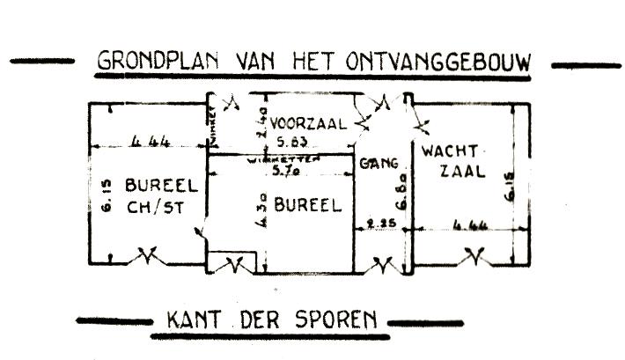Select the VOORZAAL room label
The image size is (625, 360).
click(x=308, y=122)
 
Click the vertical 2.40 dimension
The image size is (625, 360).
click(x=259, y=121)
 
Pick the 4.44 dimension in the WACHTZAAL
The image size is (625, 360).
click(x=467, y=225)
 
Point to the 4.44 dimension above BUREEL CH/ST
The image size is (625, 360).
click(x=147, y=141)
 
